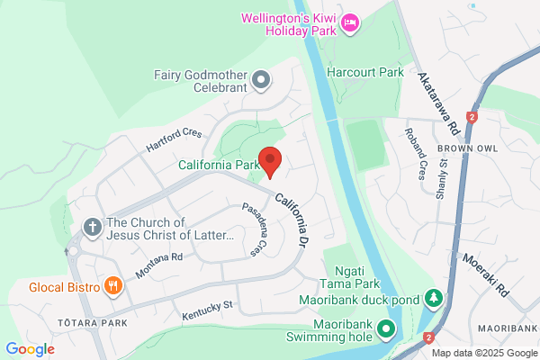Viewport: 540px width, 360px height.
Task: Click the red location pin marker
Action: [271, 161]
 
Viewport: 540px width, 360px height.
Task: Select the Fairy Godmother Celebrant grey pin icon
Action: [261, 81]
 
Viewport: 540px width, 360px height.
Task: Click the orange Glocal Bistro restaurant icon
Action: [112, 286]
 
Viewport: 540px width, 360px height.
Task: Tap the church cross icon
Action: [92, 228]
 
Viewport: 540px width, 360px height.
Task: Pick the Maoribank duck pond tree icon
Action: [434, 297]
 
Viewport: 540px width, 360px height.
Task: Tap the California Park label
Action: [219, 165]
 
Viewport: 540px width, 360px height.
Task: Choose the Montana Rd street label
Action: [159, 265]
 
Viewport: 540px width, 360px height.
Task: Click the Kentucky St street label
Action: [207, 311]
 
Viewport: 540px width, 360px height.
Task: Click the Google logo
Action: [31, 348]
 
